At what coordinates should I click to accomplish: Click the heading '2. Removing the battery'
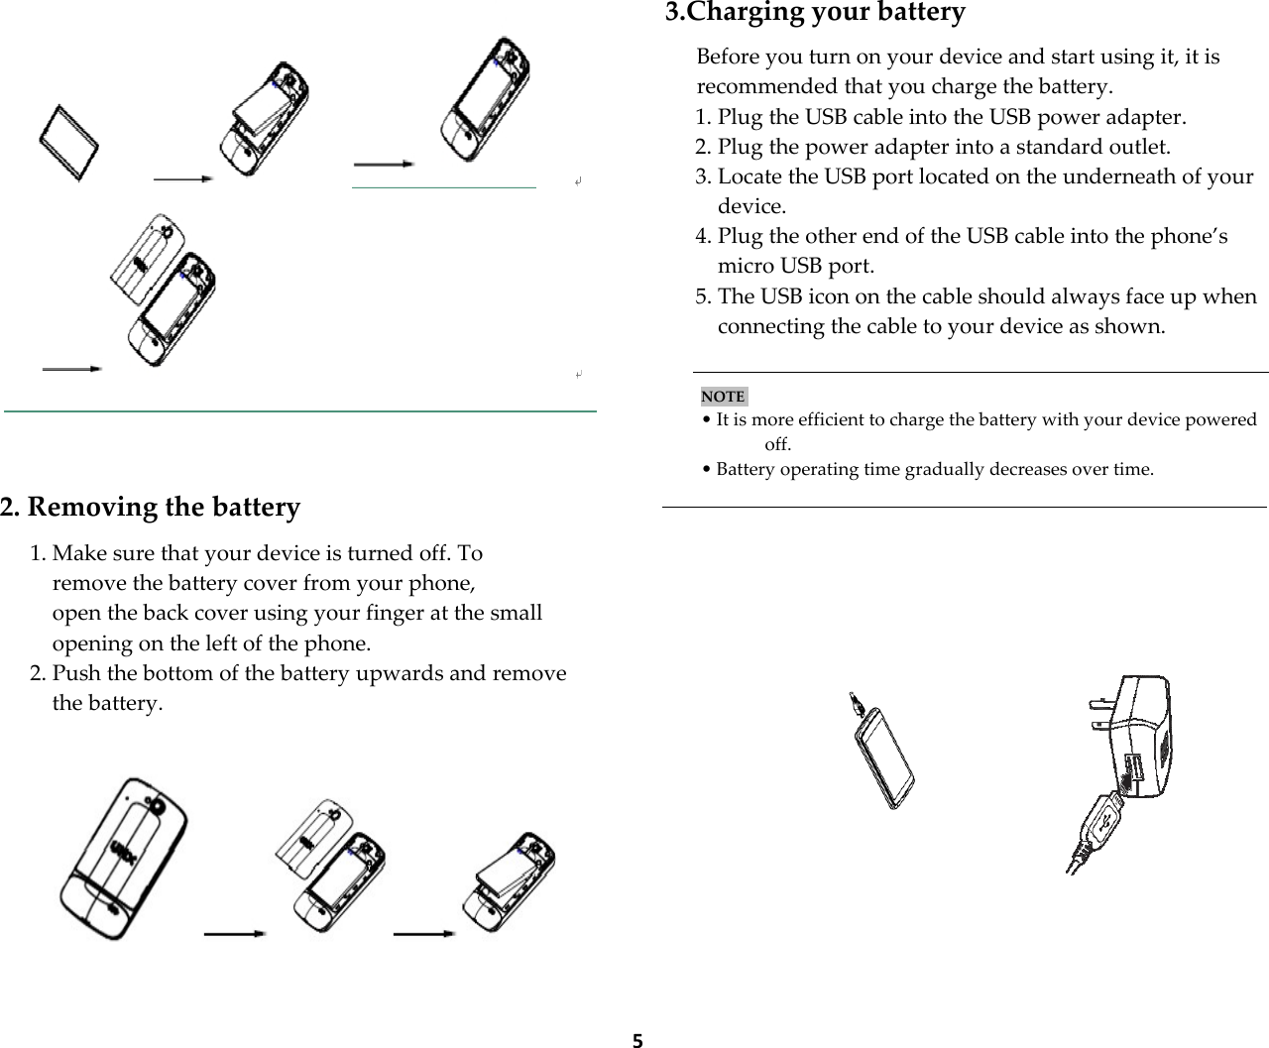click(x=150, y=507)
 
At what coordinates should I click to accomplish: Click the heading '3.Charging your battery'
click(x=814, y=13)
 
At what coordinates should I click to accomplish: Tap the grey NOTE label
click(x=723, y=397)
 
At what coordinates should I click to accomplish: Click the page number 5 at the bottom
click(x=637, y=1040)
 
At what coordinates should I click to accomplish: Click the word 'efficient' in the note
click(x=832, y=420)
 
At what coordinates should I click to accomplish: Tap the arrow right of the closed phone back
click(x=234, y=933)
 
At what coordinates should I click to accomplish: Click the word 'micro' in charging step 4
click(x=747, y=266)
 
